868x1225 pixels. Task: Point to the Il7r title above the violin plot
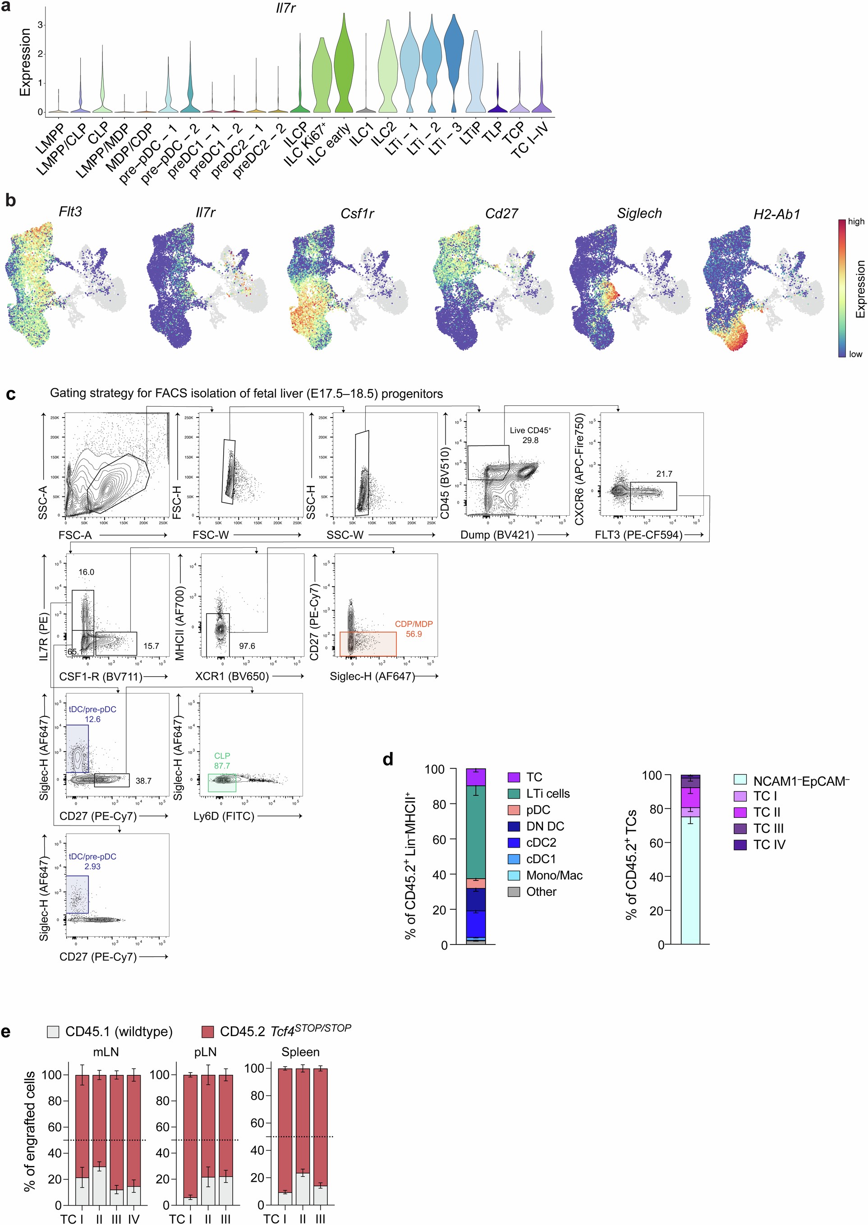pyautogui.click(x=286, y=8)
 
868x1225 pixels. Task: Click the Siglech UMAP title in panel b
pyautogui.click(x=639, y=213)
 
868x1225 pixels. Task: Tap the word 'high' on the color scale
pyautogui.click(x=856, y=221)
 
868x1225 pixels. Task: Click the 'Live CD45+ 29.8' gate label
pyautogui.click(x=530, y=435)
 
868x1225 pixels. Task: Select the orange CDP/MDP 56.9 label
pyautogui.click(x=413, y=629)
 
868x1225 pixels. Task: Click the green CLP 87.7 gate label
pyautogui.click(x=222, y=761)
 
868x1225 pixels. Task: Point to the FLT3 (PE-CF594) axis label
pyautogui.click(x=638, y=534)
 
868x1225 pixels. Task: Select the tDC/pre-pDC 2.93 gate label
pyautogui.click(x=92, y=861)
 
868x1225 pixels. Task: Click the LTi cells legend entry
pyautogui.click(x=547, y=794)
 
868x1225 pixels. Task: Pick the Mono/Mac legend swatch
pyautogui.click(x=514, y=876)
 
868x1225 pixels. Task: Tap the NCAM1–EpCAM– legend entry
pyautogui.click(x=801, y=781)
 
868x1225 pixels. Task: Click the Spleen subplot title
pyautogui.click(x=300, y=1052)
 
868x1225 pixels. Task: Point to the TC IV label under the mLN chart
pyautogui.click(x=133, y=1219)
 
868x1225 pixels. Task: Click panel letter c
pyautogui.click(x=11, y=395)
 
